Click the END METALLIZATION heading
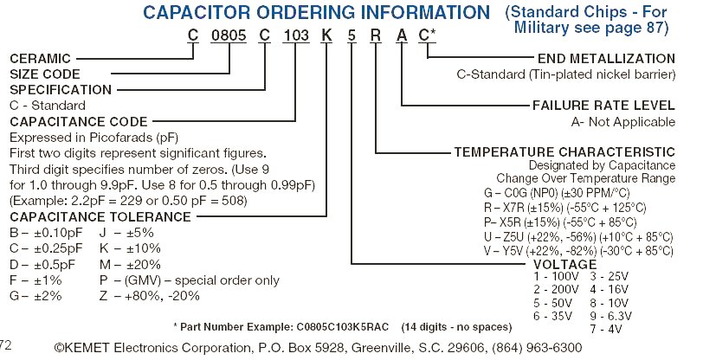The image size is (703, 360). tap(605, 59)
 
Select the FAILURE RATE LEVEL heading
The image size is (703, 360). tap(603, 106)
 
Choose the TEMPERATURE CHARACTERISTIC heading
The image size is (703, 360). tap(564, 151)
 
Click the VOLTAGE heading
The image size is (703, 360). tap(565, 264)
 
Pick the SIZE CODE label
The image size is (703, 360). tap(44, 74)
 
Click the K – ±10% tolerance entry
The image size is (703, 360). tap(130, 247)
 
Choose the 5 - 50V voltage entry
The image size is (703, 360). tap(552, 303)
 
